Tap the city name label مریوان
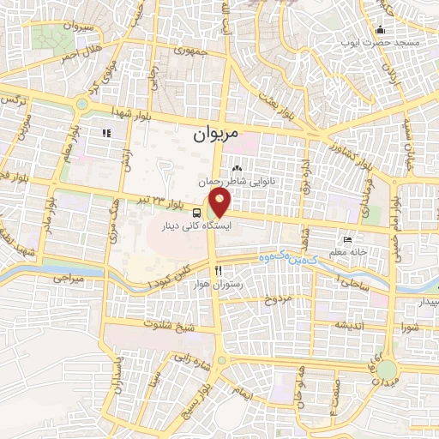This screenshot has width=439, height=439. [213, 133]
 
